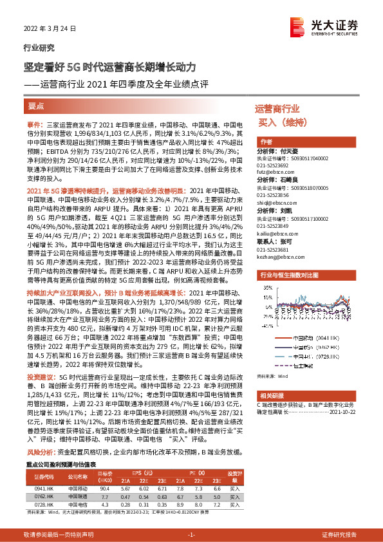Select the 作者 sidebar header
(266, 142)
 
